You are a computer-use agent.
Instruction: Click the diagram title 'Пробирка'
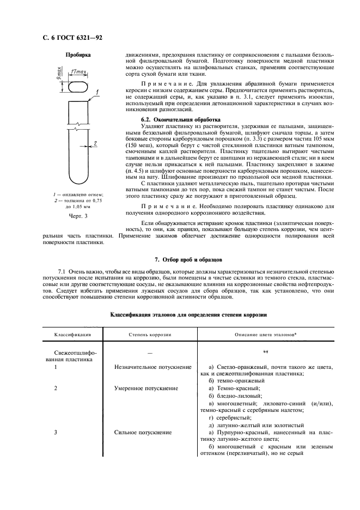pyautogui.click(x=78, y=55)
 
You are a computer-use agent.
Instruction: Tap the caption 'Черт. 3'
pyautogui.click(x=78, y=216)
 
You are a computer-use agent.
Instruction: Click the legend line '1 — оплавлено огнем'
pyautogui.click(x=78, y=194)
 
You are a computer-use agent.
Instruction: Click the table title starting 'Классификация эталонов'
pyautogui.click(x=188, y=315)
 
